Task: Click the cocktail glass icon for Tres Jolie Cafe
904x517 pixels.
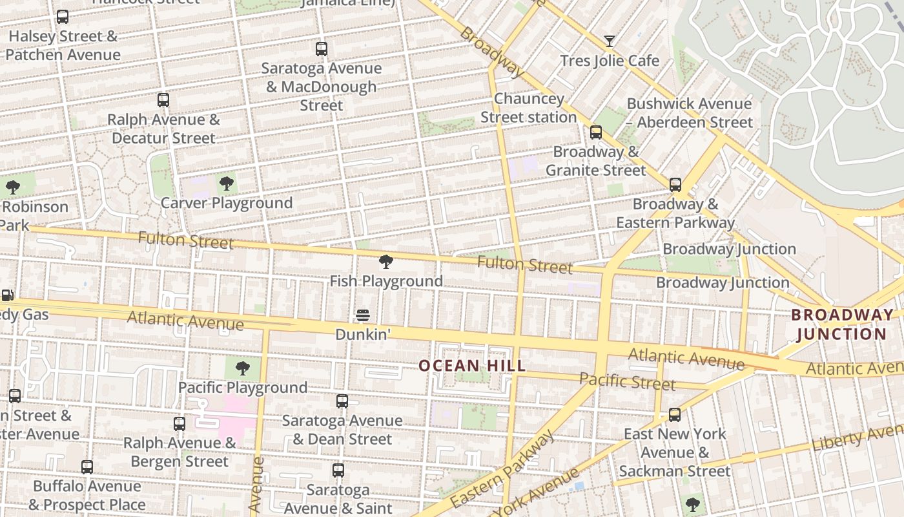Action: (609, 41)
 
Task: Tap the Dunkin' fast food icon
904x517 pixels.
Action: (363, 315)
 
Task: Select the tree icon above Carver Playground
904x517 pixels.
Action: (226, 184)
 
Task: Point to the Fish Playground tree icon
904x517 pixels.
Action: (386, 262)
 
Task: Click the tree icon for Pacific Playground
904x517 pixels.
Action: (243, 368)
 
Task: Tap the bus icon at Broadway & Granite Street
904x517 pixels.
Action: (596, 132)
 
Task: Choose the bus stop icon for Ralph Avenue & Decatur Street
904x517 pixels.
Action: (163, 100)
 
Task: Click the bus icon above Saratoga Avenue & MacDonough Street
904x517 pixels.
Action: (322, 49)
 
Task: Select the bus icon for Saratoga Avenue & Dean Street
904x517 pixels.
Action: (342, 401)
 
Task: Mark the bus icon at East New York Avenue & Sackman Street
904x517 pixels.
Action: (675, 414)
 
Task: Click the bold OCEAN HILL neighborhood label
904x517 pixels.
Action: (472, 366)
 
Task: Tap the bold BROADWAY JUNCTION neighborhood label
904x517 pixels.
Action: (842, 324)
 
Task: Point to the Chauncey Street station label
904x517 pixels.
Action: (528, 108)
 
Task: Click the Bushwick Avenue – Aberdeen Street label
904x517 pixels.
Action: (689, 112)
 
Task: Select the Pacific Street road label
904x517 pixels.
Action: (627, 381)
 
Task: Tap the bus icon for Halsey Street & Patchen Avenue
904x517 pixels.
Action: (63, 17)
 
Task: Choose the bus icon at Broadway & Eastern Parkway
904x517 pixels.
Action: (675, 185)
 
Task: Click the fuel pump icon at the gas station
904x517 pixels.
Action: (7, 295)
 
